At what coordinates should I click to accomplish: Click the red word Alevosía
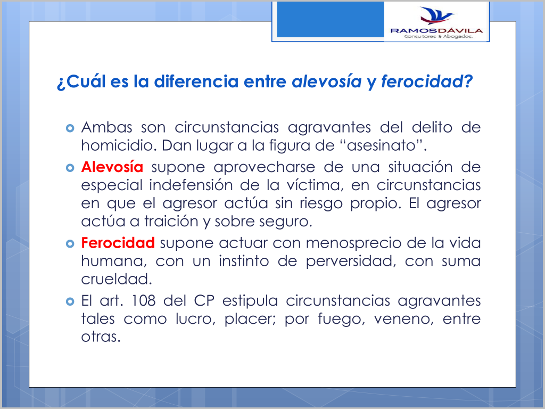(x=112, y=167)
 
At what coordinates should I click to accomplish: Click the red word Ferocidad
(x=118, y=243)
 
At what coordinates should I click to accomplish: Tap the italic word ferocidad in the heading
(x=422, y=81)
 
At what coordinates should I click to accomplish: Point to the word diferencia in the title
(x=196, y=81)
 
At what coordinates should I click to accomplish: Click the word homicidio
(x=119, y=145)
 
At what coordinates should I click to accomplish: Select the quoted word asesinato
(x=382, y=145)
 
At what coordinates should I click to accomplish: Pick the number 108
(x=143, y=301)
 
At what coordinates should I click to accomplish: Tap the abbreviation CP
(x=204, y=301)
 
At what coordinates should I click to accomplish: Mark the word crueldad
(x=117, y=279)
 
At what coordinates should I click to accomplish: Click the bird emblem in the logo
(x=436, y=15)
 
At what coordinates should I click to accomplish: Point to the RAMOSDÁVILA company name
(x=436, y=30)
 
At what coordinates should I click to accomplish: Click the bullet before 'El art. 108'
(x=70, y=301)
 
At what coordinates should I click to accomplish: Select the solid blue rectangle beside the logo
(x=330, y=20)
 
